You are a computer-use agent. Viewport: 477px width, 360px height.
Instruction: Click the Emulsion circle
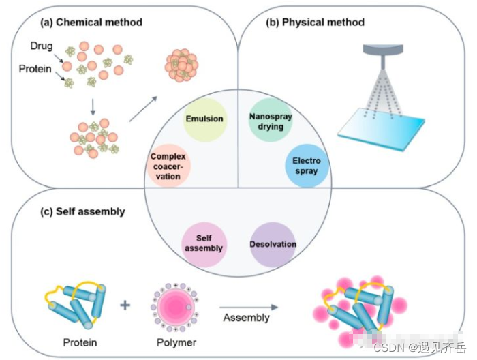(x=204, y=119)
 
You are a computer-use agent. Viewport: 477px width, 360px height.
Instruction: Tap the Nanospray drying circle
(x=271, y=121)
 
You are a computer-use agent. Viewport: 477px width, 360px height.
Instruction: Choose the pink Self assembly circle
(x=203, y=243)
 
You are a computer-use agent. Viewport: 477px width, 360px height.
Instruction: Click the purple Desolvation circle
(x=273, y=243)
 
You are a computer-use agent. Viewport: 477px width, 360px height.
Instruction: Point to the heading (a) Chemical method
(x=91, y=22)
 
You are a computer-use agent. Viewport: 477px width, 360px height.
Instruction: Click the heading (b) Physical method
(x=315, y=22)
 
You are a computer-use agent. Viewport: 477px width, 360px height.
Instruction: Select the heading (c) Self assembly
(x=82, y=211)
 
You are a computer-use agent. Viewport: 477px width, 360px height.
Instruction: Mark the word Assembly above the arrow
(x=246, y=318)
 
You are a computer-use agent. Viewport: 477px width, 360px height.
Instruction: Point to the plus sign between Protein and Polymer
(x=125, y=304)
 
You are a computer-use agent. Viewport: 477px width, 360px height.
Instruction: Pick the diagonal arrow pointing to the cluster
(x=143, y=110)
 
